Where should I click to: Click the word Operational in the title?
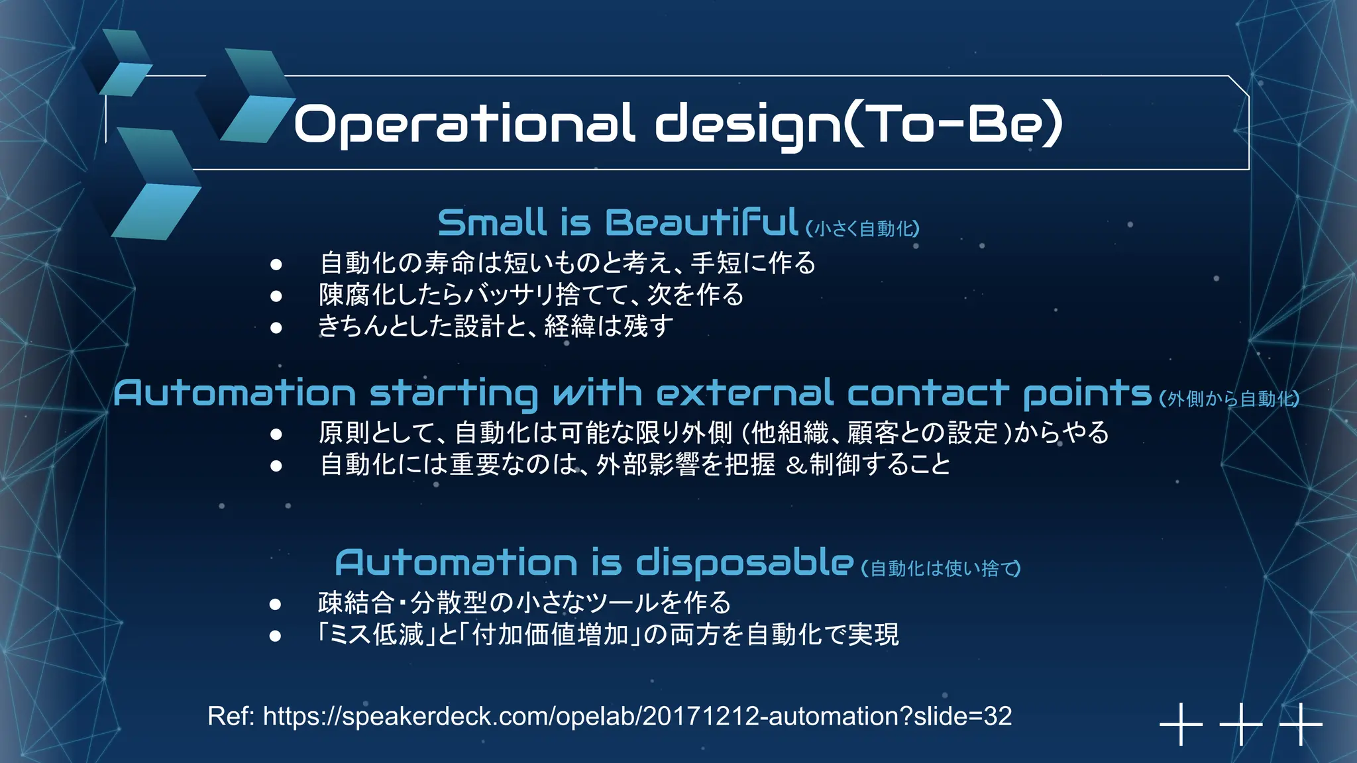tap(464, 125)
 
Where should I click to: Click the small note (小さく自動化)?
tap(863, 229)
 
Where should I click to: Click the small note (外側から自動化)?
tap(1229, 399)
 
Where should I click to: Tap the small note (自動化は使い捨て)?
tap(940, 569)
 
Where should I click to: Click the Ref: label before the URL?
tap(231, 717)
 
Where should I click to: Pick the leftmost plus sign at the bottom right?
tap(1181, 724)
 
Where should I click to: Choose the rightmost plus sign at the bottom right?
tap(1301, 724)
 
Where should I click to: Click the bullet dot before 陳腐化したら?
tap(276, 296)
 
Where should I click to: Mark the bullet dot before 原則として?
tap(276, 434)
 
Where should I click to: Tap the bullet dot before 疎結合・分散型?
tap(276, 604)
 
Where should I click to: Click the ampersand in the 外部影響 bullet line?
tap(796, 466)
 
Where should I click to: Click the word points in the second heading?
tap(1087, 394)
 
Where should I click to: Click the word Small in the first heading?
tap(492, 223)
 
